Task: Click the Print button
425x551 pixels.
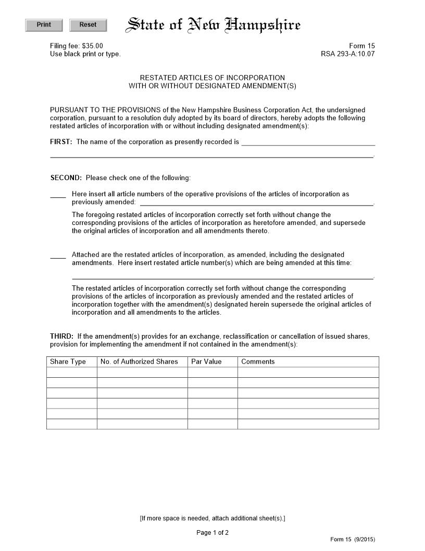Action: click(x=44, y=25)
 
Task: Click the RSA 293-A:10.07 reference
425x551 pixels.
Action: click(x=347, y=54)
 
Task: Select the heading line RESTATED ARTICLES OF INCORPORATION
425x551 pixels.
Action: click(x=213, y=78)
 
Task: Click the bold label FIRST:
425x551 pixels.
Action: click(x=61, y=142)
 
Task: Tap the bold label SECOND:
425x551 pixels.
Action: click(x=66, y=178)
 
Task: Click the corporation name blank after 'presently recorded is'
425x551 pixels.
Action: click(x=308, y=142)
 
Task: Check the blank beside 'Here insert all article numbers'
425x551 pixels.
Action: click(x=58, y=195)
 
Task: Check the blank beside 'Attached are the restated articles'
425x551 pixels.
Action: click(x=58, y=256)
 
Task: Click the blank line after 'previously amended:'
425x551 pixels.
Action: click(x=256, y=202)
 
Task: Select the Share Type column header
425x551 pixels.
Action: click(x=68, y=362)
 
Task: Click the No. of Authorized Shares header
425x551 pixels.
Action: click(x=139, y=362)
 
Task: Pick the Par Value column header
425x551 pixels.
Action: click(x=206, y=362)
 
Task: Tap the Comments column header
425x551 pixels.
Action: click(x=258, y=362)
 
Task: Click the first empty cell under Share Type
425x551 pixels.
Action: click(x=72, y=372)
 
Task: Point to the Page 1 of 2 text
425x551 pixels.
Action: click(x=213, y=533)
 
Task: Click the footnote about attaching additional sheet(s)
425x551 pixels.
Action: click(x=213, y=518)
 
